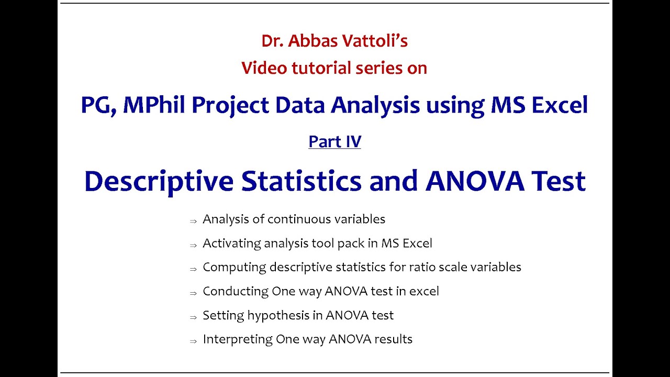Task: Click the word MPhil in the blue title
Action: (x=155, y=105)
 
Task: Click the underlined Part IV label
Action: (x=334, y=141)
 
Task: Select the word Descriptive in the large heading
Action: (x=159, y=181)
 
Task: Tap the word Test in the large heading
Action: (x=557, y=181)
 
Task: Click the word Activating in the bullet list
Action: (x=231, y=243)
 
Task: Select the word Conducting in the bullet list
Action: (x=235, y=291)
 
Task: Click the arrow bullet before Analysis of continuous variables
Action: (x=193, y=221)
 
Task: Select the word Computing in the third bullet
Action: (x=234, y=267)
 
